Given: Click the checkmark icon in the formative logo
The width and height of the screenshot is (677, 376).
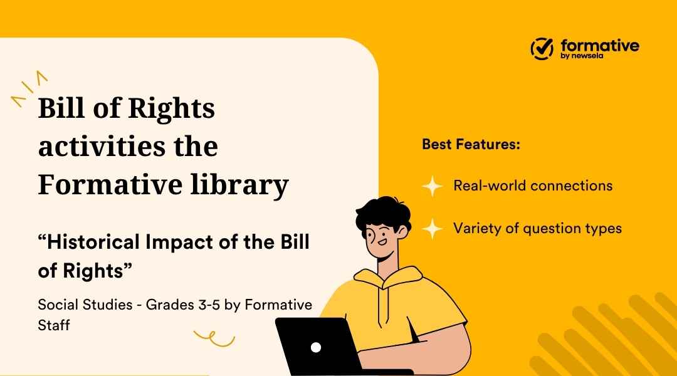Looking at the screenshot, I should tap(542, 48).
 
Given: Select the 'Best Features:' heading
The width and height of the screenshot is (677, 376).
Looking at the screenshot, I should tap(471, 144).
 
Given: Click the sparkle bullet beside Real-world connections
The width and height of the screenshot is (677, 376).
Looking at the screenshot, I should tap(432, 186).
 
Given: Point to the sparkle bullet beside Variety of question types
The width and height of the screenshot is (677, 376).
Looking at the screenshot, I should tap(432, 229).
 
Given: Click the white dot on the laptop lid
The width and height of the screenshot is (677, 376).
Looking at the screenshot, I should tap(316, 347).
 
